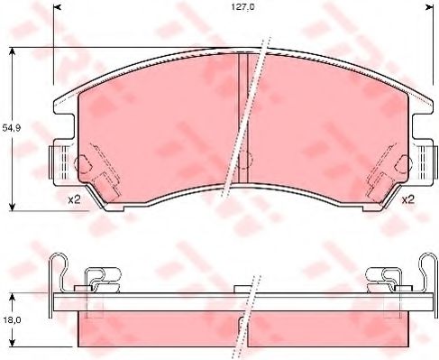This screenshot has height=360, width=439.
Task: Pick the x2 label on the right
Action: coord(407,199)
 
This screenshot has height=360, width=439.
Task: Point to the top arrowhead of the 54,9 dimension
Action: coord(12,50)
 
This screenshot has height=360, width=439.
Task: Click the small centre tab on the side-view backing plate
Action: coord(241,290)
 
